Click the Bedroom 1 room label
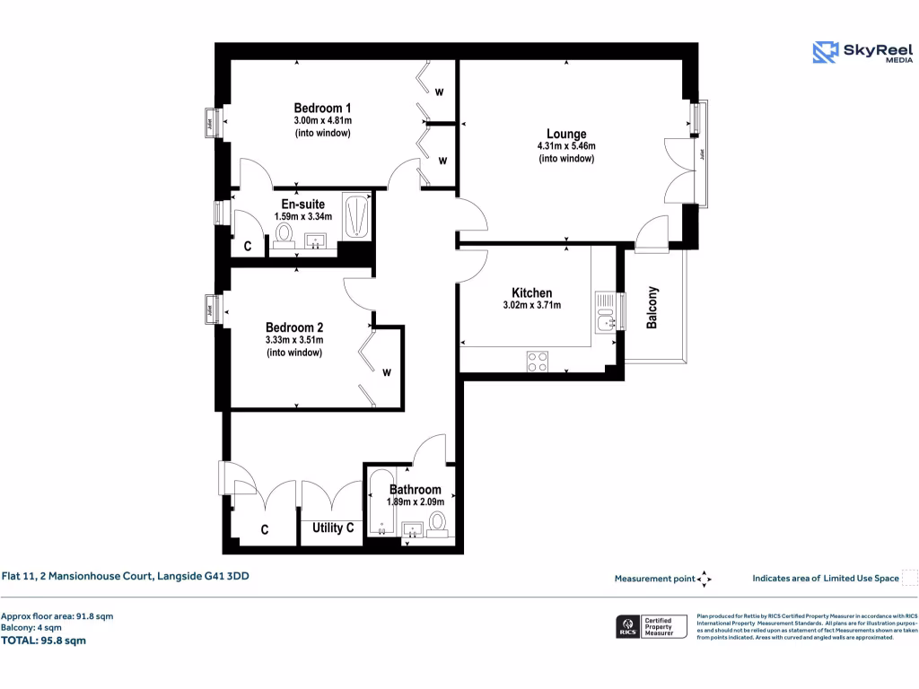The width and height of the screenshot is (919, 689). tap(322, 108)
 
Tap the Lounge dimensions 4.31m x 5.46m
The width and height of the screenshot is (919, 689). tap(566, 146)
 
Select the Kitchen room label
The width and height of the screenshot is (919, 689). tap(531, 293)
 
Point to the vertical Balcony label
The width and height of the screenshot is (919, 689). tap(652, 308)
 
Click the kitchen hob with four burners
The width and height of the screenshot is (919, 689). tap(538, 361)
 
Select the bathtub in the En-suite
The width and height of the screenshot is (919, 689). tap(356, 216)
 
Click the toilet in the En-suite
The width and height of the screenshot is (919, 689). tap(285, 234)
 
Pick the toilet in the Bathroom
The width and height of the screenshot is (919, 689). tap(438, 522)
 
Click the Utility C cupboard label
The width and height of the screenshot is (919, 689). tap(331, 528)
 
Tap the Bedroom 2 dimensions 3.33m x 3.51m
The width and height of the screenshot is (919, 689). tap(294, 340)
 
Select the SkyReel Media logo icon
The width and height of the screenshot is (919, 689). tap(825, 52)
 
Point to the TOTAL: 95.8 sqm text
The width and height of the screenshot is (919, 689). tap(44, 641)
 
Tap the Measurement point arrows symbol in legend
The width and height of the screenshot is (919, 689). tap(705, 579)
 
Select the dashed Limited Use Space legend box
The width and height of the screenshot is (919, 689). tap(909, 578)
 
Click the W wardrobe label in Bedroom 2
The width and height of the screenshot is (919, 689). tap(387, 371)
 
